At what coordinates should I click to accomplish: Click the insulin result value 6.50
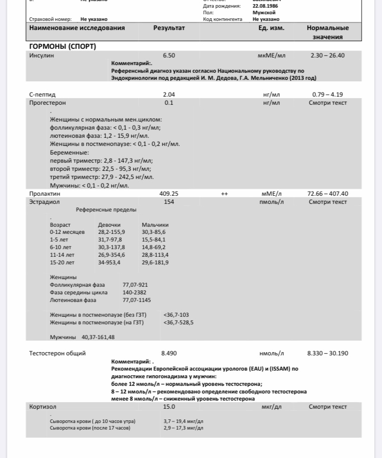pyautogui.click(x=169, y=55)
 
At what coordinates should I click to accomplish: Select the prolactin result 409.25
pyautogui.click(x=169, y=194)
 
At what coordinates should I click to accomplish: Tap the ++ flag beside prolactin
pyautogui.click(x=224, y=194)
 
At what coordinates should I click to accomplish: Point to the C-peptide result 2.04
pyautogui.click(x=169, y=95)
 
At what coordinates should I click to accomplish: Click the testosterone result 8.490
pyautogui.click(x=169, y=353)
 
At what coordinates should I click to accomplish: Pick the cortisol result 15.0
pyautogui.click(x=169, y=407)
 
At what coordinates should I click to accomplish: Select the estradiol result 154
pyautogui.click(x=169, y=202)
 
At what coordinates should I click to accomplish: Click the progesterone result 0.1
pyautogui.click(x=169, y=103)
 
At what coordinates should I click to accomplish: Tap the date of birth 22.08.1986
pyautogui.click(x=265, y=6)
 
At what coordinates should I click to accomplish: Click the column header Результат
pyautogui.click(x=169, y=28)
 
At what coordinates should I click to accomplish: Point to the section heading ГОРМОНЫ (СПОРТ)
pyautogui.click(x=63, y=47)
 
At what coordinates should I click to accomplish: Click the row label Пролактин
pyautogui.click(x=45, y=194)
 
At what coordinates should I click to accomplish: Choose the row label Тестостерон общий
pyautogui.click(x=58, y=353)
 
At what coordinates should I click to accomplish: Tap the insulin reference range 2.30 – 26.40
pyautogui.click(x=328, y=55)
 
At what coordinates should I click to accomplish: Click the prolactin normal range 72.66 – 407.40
pyautogui.click(x=328, y=194)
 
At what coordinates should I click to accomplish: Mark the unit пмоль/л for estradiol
pyautogui.click(x=271, y=202)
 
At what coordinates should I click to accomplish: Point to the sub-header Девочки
pyautogui.click(x=109, y=225)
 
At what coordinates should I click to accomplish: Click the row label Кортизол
pyautogui.click(x=43, y=407)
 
